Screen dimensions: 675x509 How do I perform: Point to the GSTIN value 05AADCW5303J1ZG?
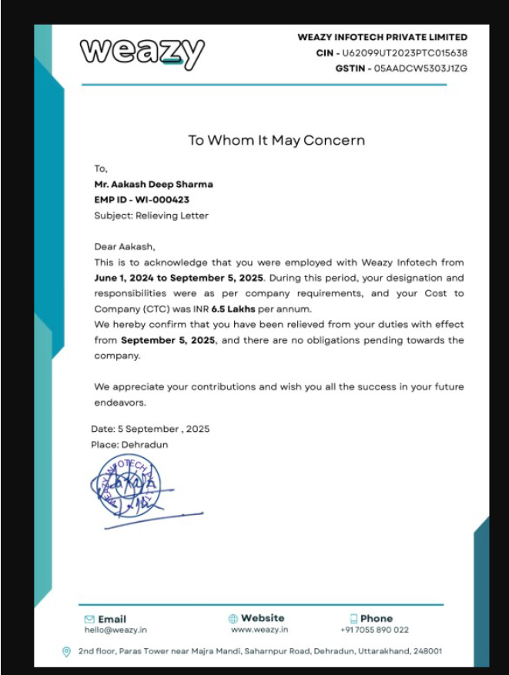point(420,68)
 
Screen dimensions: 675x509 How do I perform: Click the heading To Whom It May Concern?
point(276,140)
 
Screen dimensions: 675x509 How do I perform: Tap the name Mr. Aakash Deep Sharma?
point(153,185)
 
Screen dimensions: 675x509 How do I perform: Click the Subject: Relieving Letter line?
point(151,216)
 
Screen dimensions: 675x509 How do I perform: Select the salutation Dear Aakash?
point(125,247)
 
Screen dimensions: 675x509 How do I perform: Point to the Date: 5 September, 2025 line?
point(150,429)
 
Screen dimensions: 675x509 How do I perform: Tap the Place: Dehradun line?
point(129,445)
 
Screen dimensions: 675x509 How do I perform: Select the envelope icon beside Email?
point(89,619)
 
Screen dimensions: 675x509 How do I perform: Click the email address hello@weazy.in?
point(116,630)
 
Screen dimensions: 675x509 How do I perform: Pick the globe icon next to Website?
point(233,619)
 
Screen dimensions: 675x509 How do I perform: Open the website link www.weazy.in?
point(260,630)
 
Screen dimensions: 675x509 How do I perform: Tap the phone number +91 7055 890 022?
point(374,630)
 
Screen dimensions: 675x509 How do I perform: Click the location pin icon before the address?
point(66,652)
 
